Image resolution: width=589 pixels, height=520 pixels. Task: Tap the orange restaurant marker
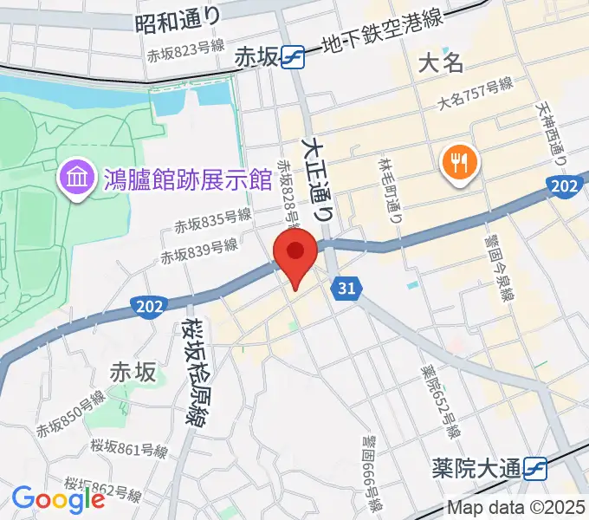[456, 161]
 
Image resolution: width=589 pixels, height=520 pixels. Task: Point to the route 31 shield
[347, 289]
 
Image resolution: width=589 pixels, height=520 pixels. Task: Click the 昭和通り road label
[178, 19]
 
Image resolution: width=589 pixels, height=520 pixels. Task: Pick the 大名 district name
[442, 62]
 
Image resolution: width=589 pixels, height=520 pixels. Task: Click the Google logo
[59, 498]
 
